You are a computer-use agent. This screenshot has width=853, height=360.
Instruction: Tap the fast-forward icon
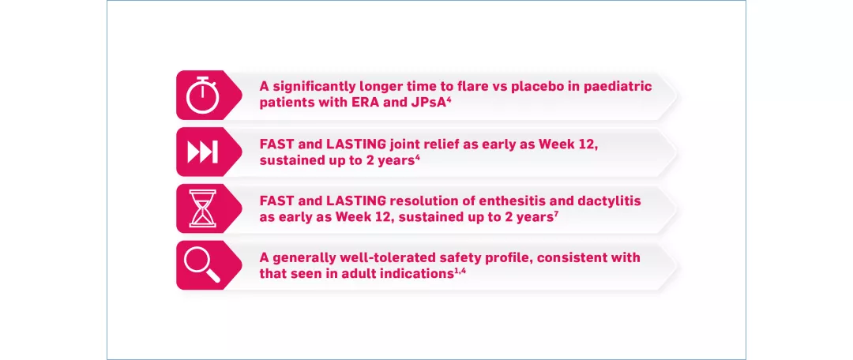point(202,152)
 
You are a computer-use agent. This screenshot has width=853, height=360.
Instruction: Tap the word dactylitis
point(609,201)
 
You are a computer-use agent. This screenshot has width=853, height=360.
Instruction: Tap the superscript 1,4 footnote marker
point(460,269)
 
